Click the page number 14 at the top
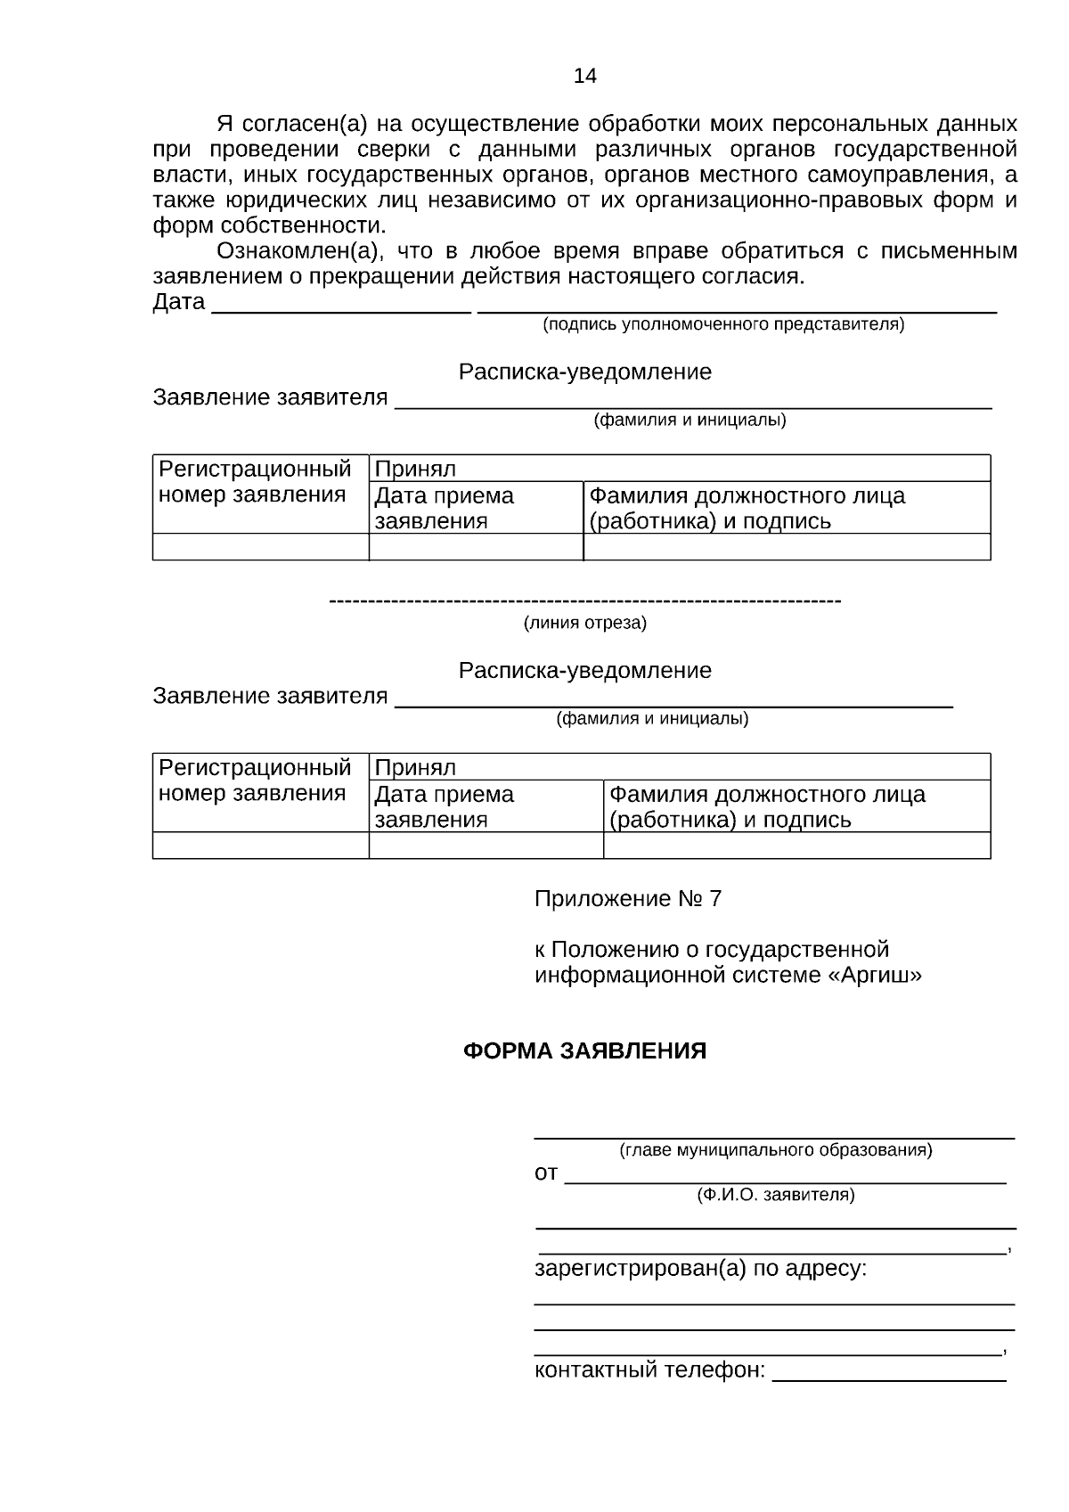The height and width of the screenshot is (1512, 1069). click(x=584, y=76)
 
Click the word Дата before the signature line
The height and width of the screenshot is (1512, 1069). click(x=179, y=302)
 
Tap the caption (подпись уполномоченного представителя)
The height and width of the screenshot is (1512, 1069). click(x=723, y=324)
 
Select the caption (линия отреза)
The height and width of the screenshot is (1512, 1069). click(x=584, y=623)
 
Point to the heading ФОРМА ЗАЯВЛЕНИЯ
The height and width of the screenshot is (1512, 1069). click(x=584, y=1050)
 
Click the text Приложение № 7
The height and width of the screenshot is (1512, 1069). click(x=627, y=899)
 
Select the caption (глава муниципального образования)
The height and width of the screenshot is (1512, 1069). click(x=775, y=1149)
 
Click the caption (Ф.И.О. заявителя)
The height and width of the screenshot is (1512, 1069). click(x=775, y=1195)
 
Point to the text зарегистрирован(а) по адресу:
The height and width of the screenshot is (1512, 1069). click(x=700, y=1268)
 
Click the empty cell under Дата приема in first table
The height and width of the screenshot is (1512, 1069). click(x=476, y=547)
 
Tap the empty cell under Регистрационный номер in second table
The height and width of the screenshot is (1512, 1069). click(x=260, y=846)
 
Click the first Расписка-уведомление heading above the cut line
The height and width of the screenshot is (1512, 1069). click(x=584, y=372)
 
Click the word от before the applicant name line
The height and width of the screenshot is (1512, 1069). click(x=545, y=1173)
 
